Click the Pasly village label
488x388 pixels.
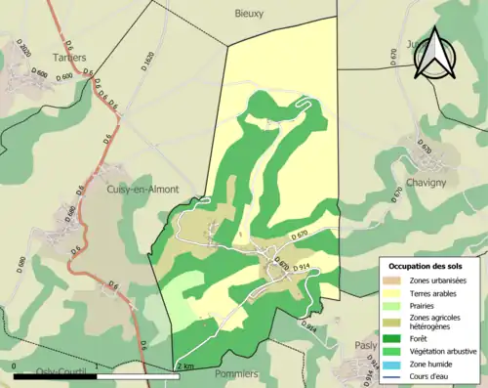(367, 345)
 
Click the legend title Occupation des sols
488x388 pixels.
(430, 266)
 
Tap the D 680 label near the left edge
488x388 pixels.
(21, 264)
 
